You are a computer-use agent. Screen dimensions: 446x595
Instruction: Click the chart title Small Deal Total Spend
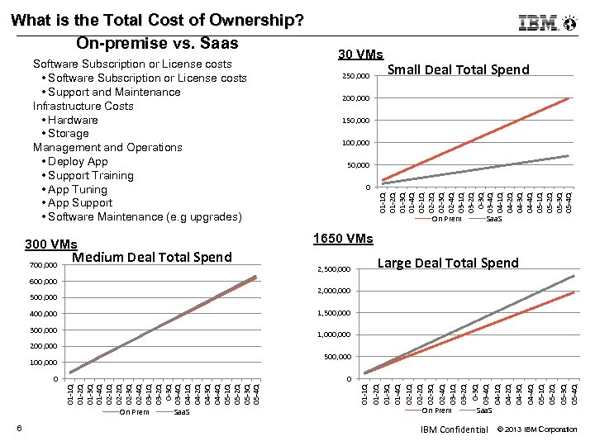(459, 69)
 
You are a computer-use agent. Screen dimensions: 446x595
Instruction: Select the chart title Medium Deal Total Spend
(152, 257)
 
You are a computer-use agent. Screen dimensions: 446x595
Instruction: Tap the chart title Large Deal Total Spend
(448, 263)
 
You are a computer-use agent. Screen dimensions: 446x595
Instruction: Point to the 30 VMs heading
(360, 55)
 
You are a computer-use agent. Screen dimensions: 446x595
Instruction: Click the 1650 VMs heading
(343, 239)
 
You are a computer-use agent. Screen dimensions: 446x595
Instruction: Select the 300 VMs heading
(51, 244)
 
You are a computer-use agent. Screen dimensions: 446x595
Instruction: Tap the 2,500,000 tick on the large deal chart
(335, 269)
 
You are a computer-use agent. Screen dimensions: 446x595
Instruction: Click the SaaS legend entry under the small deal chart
(493, 219)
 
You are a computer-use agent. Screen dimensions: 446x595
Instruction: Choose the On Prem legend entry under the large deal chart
(437, 410)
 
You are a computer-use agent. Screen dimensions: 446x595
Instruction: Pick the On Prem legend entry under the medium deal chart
(135, 411)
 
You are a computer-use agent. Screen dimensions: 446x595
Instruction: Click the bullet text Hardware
(73, 120)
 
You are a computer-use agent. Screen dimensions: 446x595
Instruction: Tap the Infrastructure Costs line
(83, 106)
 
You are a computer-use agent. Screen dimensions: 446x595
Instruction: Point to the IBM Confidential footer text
(454, 429)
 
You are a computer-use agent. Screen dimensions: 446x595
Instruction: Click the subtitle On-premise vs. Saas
(157, 43)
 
